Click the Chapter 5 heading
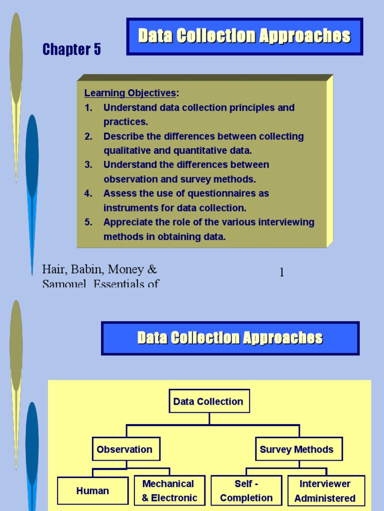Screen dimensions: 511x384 (71, 49)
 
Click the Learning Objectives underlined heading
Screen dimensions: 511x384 (130, 93)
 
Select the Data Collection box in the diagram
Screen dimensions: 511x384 (208, 401)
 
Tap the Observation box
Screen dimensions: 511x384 (124, 449)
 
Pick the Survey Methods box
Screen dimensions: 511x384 (296, 449)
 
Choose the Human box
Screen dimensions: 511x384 (92, 491)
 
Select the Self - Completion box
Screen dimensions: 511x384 (246, 491)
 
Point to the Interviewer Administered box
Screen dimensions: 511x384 (325, 491)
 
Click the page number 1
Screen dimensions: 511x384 (281, 272)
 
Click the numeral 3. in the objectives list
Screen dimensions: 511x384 (88, 165)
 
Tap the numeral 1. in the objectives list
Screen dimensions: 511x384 (88, 108)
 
